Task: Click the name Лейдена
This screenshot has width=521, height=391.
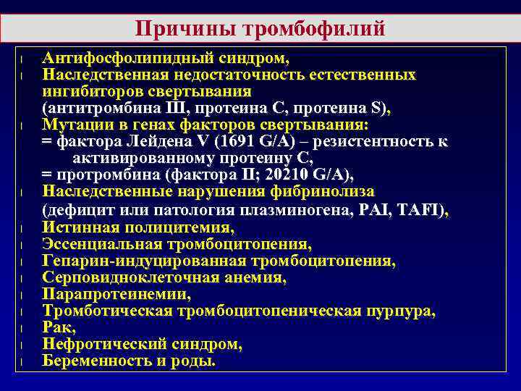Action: click(x=133, y=141)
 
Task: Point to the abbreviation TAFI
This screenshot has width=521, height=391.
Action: click(x=424, y=210)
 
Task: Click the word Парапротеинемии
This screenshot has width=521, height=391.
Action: click(x=116, y=294)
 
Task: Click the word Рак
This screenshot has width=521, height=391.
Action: click(x=58, y=328)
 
